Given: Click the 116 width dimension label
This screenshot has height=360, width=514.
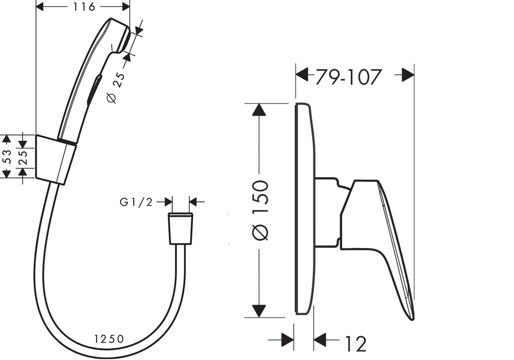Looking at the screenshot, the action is pos(84,6).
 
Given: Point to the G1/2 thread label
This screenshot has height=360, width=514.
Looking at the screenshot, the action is pos(136,202).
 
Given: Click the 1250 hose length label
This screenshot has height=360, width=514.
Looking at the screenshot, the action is pos(109,339).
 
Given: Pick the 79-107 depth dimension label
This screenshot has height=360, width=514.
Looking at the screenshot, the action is pos(349,78).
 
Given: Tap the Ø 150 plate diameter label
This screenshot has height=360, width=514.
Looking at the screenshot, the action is pos(261,210).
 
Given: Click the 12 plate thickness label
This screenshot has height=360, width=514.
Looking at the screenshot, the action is pos(355,344).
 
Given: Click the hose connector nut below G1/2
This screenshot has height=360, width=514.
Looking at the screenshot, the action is pos(181,229).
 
